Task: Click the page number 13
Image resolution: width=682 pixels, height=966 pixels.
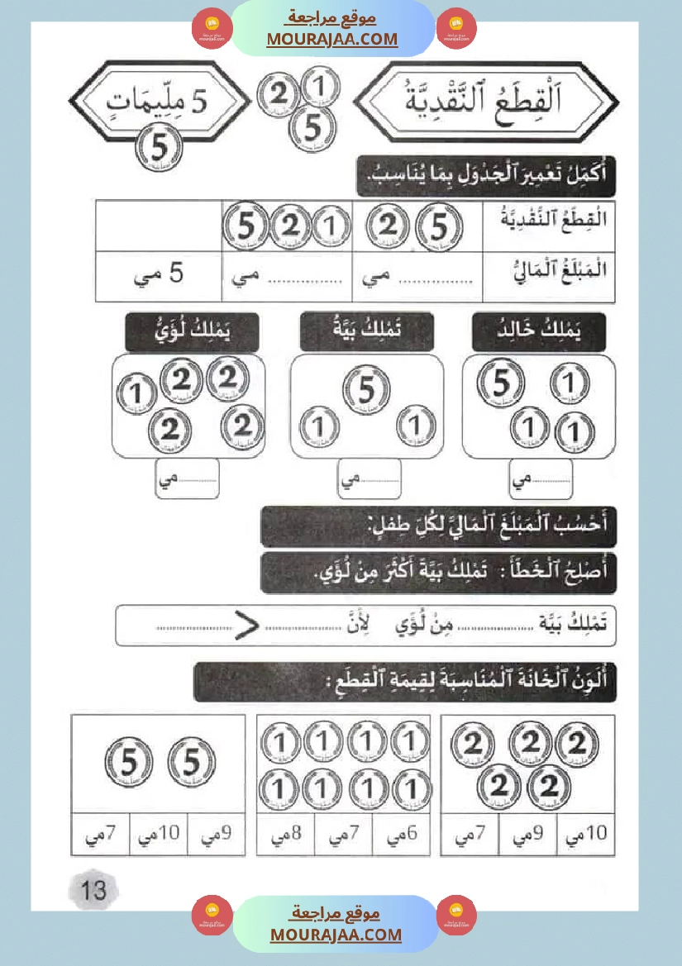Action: (x=93, y=889)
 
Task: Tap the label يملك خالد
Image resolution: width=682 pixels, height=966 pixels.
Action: (x=539, y=332)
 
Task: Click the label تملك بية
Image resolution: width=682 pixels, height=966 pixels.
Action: (x=367, y=332)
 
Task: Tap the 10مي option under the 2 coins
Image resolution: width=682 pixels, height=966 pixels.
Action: (x=585, y=835)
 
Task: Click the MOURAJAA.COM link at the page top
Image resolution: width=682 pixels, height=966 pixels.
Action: (x=331, y=39)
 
